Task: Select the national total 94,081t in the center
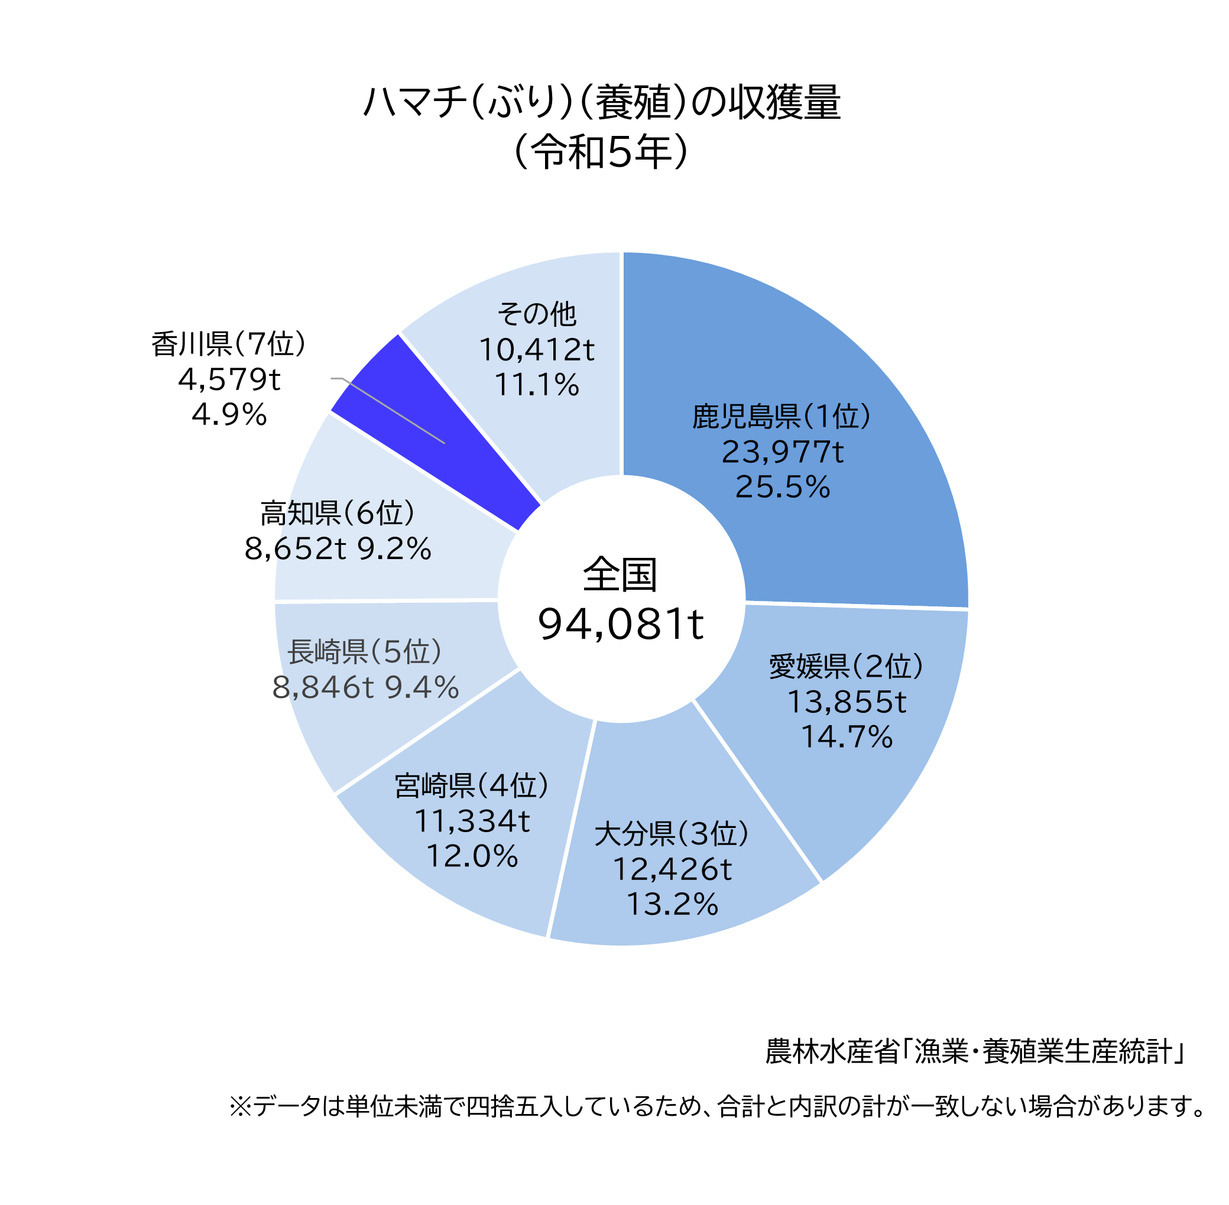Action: point(620,625)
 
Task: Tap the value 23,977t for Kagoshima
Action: point(782,452)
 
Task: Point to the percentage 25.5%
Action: point(782,487)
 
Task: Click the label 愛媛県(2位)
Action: point(846,666)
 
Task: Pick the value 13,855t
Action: point(846,701)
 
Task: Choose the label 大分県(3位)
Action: point(671,833)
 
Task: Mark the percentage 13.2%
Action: point(671,904)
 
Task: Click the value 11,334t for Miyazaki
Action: point(471,821)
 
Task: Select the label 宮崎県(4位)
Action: point(471,785)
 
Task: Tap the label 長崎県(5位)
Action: point(365,652)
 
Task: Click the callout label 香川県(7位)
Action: point(229,344)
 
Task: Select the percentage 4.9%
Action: point(229,414)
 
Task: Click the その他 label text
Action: point(536,313)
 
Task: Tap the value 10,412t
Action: point(536,349)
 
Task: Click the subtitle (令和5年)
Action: point(602,152)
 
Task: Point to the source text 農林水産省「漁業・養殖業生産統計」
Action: point(974,1052)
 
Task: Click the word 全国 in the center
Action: point(620,574)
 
